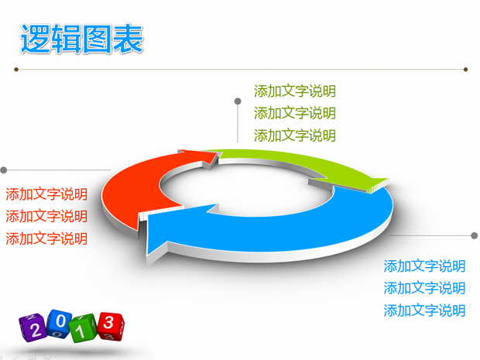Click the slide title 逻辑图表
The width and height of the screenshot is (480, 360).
click(82, 40)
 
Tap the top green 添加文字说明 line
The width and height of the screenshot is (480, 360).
click(294, 91)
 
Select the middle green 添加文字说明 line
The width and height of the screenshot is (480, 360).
click(294, 113)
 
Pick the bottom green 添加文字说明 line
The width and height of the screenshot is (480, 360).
click(294, 135)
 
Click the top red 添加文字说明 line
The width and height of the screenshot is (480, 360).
click(46, 194)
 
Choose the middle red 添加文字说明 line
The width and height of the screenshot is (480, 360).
click(46, 216)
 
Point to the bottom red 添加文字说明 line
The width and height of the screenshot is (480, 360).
click(46, 238)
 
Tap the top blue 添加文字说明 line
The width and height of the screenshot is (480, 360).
click(424, 266)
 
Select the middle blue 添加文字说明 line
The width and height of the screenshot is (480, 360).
click(424, 288)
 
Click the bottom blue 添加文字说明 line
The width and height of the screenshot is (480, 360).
click(424, 310)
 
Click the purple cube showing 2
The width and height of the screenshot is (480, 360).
click(35, 328)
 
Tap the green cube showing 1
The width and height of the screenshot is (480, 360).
click(85, 326)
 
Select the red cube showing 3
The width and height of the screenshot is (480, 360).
click(111, 322)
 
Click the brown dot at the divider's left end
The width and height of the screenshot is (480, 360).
click(15, 70)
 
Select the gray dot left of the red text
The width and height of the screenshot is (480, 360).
click(4, 170)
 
